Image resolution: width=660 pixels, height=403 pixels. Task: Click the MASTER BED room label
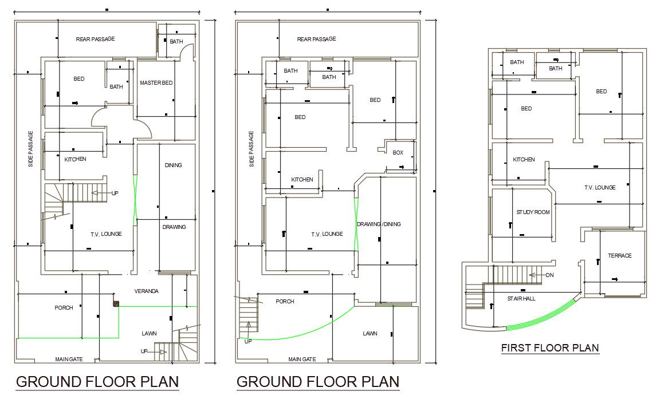(156, 83)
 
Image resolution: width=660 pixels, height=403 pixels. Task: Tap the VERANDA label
(146, 291)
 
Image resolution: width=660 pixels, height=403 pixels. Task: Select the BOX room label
(398, 153)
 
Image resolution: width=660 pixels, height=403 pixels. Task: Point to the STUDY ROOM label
(533, 212)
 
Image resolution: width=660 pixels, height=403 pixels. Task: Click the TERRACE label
(619, 255)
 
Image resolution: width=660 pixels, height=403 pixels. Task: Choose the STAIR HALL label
(521, 298)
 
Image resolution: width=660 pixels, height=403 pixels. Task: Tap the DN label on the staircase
(550, 275)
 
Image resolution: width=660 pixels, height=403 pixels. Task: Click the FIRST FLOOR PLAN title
(549, 347)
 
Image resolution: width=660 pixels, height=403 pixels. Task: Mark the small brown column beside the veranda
(116, 305)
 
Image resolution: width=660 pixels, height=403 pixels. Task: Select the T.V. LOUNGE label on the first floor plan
(600, 187)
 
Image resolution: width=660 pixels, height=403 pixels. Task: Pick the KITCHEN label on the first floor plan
(524, 160)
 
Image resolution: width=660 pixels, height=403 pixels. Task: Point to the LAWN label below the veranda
(149, 333)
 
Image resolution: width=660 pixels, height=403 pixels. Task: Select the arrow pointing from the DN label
(535, 275)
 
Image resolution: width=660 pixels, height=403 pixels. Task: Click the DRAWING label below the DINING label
(174, 227)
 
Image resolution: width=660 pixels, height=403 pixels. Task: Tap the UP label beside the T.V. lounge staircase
(115, 193)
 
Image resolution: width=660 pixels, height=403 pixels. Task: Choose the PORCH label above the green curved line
(285, 301)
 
